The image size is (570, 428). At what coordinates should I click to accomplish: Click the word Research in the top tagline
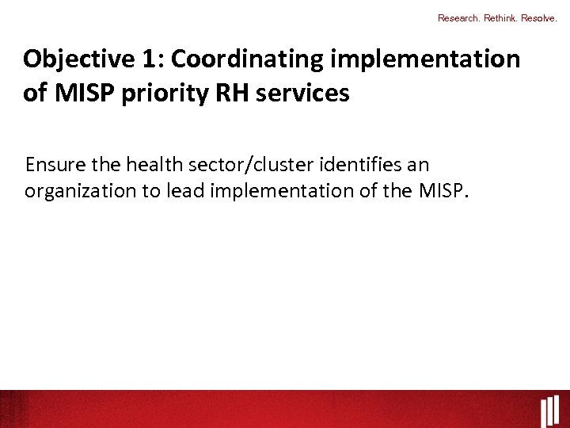(x=457, y=17)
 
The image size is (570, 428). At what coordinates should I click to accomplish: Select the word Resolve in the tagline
(x=540, y=17)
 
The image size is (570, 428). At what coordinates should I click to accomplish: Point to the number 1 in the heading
(x=154, y=59)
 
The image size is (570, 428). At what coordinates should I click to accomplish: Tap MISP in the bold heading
(x=82, y=94)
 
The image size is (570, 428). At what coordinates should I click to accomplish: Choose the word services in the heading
(x=301, y=94)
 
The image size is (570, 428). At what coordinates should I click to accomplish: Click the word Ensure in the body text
(x=52, y=165)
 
